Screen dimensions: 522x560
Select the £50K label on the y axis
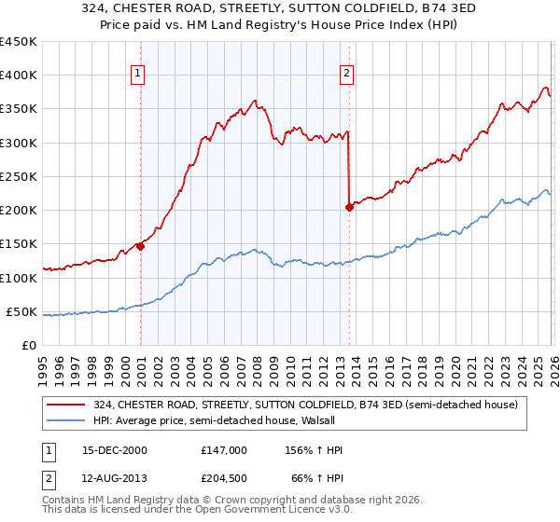[22, 311]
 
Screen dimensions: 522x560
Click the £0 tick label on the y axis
[30, 345]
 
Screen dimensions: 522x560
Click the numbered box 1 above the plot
[138, 75]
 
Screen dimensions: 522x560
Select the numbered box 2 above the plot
[347, 75]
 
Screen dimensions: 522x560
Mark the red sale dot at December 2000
[140, 246]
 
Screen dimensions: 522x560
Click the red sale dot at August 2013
[349, 208]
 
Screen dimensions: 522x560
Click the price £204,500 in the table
[223, 477]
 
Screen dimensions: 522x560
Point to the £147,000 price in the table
[223, 450]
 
